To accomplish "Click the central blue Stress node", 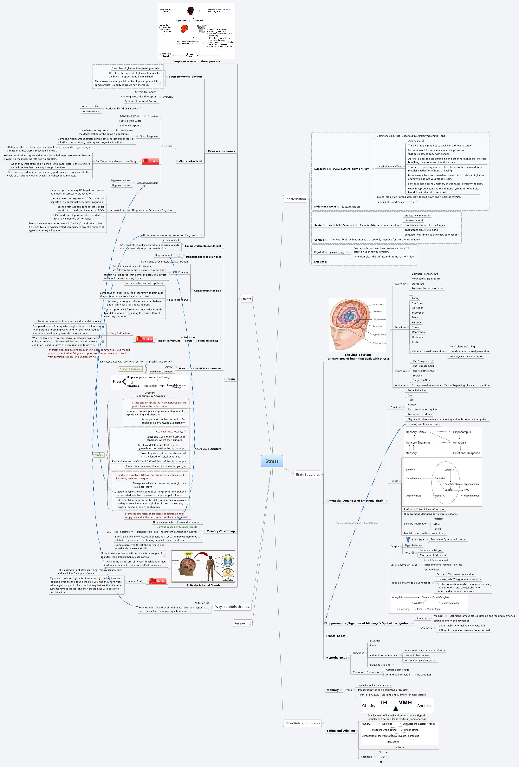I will click(x=272, y=461).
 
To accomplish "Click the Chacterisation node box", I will click(x=295, y=199).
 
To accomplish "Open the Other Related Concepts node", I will click(x=302, y=723).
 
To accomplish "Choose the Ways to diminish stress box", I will click(x=233, y=607).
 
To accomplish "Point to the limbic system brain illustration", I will click(x=357, y=325).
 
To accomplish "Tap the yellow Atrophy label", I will click(x=99, y=455).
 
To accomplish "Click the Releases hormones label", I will click(x=221, y=151).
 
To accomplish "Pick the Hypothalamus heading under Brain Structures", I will click(x=336, y=658).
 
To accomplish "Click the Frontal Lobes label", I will click(x=336, y=636).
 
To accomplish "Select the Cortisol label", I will click(x=168, y=146).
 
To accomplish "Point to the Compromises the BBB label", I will click(x=207, y=291).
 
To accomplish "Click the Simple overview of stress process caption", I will click(x=196, y=61).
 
